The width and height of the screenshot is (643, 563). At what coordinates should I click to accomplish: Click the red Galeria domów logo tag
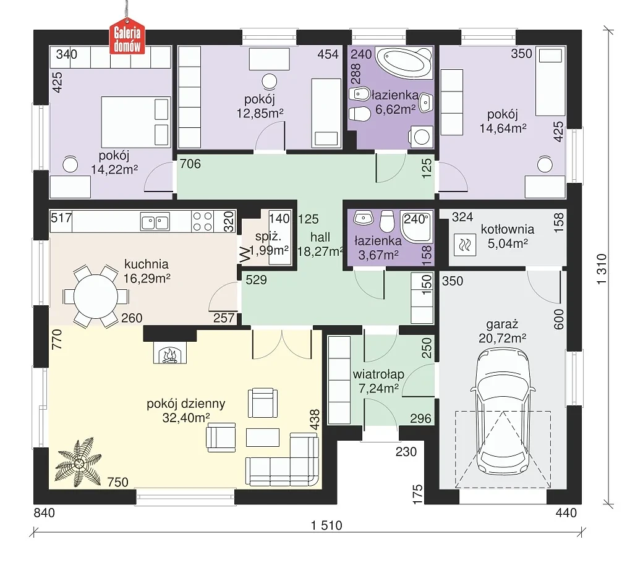pyautogui.click(x=127, y=36)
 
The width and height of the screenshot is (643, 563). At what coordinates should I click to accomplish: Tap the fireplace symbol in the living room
pyautogui.click(x=170, y=352)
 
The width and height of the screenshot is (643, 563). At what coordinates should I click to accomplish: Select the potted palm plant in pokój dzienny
pyautogui.click(x=79, y=462)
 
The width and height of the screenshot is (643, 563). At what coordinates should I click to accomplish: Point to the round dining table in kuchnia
pyautogui.click(x=96, y=296)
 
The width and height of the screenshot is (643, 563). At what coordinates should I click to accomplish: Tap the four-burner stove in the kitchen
pyautogui.click(x=203, y=221)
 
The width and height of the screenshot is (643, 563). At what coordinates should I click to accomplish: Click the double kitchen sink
pyautogui.click(x=155, y=222)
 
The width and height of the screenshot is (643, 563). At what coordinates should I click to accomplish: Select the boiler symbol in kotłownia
pyautogui.click(x=464, y=245)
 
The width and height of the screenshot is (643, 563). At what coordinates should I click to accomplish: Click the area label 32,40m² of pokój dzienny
pyautogui.click(x=186, y=418)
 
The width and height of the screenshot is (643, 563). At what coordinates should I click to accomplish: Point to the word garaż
pyautogui.click(x=502, y=324)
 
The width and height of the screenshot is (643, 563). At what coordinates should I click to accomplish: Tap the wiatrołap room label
pyautogui.click(x=378, y=374)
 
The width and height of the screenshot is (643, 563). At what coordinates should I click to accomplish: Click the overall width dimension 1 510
pyautogui.click(x=326, y=525)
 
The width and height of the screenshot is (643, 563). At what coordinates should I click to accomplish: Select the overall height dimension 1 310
pyautogui.click(x=601, y=269)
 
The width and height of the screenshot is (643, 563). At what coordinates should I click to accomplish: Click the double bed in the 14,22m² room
pyautogui.click(x=136, y=122)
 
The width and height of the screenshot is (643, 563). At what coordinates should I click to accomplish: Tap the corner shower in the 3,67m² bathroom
pyautogui.click(x=416, y=227)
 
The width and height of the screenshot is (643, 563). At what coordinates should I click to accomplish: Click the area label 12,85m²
pyautogui.click(x=260, y=113)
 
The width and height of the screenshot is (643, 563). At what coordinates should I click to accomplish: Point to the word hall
pyautogui.click(x=320, y=237)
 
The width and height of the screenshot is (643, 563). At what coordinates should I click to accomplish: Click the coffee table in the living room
pyautogui.click(x=262, y=437)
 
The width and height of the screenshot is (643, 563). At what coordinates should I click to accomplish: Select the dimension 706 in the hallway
pyautogui.click(x=190, y=164)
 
